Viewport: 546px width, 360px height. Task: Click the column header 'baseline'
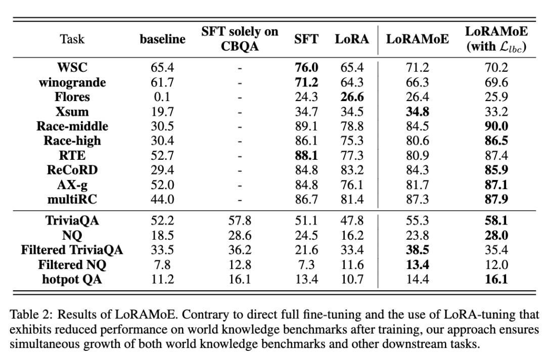(163, 39)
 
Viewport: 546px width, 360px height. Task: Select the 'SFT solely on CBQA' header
(240, 39)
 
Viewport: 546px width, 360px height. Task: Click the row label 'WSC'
(72, 67)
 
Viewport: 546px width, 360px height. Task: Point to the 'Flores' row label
(72, 97)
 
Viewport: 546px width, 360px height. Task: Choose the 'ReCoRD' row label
(72, 170)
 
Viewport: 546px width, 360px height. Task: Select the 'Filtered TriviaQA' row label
(72, 250)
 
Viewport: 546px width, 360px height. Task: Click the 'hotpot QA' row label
(72, 279)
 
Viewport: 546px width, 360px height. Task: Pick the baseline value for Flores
(163, 97)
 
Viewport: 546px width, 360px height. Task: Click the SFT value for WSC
(306, 67)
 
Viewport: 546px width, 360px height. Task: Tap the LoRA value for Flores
(352, 97)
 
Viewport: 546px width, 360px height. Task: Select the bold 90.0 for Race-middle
(497, 126)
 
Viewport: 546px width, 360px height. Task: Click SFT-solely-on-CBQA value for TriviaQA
(240, 220)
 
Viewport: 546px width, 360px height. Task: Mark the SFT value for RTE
(306, 155)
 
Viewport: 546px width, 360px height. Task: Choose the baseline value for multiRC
(163, 199)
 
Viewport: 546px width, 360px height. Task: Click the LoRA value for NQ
(352, 235)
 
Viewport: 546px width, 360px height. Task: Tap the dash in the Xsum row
(240, 111)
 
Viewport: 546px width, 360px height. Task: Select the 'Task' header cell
(72, 39)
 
